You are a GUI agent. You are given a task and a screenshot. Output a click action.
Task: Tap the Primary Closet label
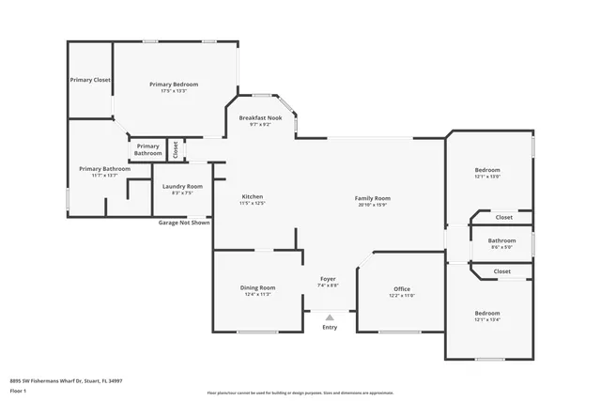point(90,80)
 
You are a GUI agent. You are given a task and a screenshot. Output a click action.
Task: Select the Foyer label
point(329,281)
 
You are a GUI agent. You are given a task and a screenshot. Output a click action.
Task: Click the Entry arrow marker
point(330,316)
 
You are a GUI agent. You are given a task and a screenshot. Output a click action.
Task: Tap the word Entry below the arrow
point(330,327)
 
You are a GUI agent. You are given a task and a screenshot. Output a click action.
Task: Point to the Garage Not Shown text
point(183,224)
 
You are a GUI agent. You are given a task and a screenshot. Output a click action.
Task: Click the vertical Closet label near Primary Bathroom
point(175,149)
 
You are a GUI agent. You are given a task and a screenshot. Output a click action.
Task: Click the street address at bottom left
point(66,381)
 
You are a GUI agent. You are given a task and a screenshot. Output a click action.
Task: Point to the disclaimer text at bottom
point(313,392)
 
